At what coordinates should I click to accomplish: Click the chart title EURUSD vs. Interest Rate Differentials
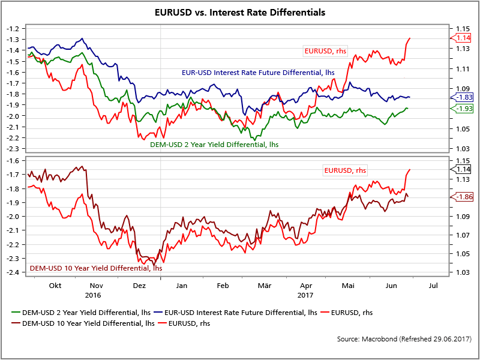click(x=239, y=12)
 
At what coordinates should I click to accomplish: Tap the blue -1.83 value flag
click(x=464, y=97)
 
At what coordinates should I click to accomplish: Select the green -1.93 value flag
click(x=464, y=108)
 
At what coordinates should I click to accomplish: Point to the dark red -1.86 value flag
click(x=464, y=197)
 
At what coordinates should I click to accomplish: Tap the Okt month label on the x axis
click(x=55, y=286)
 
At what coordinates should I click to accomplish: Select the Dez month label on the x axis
click(x=139, y=286)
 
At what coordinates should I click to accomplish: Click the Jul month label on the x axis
click(x=434, y=286)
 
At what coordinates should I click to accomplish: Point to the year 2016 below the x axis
click(x=93, y=295)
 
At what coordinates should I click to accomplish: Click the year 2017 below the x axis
click(x=306, y=295)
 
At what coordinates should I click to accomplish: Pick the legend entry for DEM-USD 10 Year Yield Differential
click(x=81, y=323)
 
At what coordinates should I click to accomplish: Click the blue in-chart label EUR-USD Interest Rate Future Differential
click(x=257, y=73)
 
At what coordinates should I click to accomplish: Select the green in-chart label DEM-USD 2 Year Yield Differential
click(x=214, y=144)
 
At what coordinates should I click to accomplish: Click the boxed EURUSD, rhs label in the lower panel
click(x=345, y=170)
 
